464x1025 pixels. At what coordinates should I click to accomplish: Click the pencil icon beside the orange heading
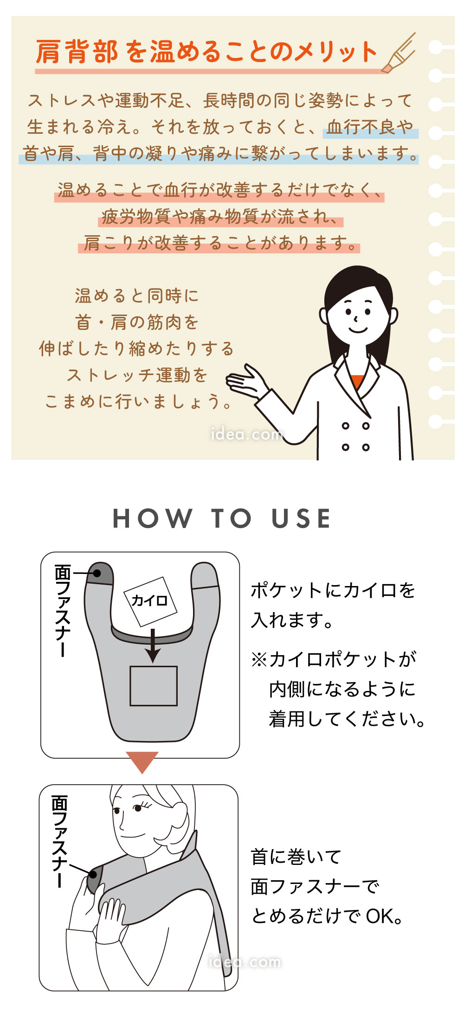pos(398,53)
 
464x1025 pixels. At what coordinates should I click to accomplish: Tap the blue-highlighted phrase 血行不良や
pos(370,126)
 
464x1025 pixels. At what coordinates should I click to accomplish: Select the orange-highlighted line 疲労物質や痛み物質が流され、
pos(220,216)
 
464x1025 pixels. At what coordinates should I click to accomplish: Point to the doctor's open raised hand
pos(246,382)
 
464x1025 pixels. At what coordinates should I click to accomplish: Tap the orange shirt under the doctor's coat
pos(357,380)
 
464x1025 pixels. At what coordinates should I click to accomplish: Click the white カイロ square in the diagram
pos(150,601)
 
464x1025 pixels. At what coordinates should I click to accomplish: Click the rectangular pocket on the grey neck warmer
pos(153,686)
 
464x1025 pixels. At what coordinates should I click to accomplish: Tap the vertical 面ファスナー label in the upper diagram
pos(62,610)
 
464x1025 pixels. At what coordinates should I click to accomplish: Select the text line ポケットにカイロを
pos(333,590)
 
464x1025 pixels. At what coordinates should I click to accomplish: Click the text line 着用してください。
pos(347,719)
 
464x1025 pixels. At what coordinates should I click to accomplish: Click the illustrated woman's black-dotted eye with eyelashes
pos(137,808)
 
